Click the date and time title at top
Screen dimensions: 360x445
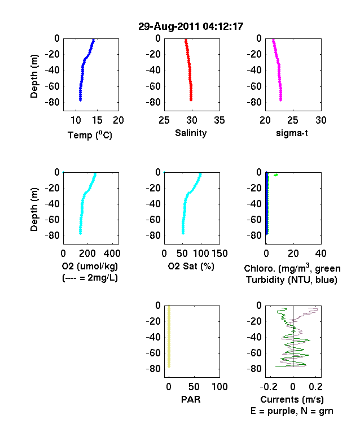191,27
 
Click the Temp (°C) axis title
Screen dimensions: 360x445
90,135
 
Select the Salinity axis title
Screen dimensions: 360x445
191,133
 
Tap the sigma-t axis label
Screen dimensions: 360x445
292,133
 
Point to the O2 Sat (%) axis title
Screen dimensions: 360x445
191,267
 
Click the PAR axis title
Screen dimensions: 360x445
191,400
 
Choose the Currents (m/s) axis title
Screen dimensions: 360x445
292,400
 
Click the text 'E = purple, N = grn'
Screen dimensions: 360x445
292,411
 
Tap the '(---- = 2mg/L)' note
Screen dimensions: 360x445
90,278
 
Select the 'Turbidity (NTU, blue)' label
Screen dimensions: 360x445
292,280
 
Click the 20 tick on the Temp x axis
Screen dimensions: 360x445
118,120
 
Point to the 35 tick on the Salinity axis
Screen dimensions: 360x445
219,120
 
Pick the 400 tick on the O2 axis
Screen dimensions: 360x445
112,254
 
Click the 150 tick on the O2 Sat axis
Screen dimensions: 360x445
219,254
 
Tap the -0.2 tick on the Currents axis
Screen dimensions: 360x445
269,386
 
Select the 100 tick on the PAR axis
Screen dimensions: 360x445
219,386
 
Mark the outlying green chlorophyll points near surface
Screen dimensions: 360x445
276,175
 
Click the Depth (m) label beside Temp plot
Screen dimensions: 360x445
34,76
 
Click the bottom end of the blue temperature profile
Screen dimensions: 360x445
80,100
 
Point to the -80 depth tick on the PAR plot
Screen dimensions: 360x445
153,369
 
